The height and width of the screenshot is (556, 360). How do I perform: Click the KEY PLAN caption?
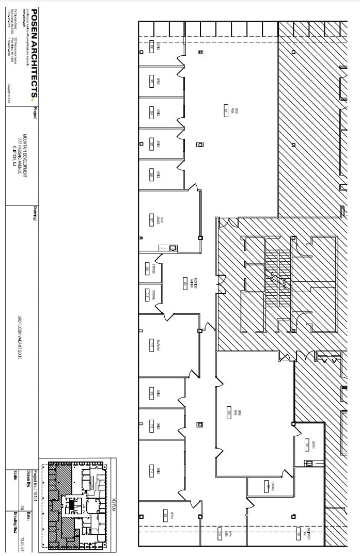click(113, 503)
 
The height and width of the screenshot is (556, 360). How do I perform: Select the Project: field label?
click(35, 113)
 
